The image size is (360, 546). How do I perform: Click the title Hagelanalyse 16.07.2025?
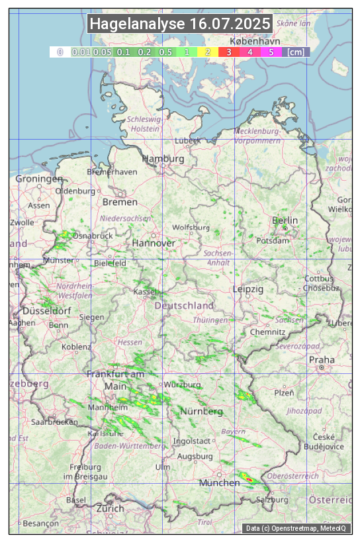point(180,24)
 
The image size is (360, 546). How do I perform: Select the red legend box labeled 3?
point(228,52)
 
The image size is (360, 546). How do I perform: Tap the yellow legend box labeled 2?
point(208,52)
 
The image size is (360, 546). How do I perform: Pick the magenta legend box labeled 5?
point(271,52)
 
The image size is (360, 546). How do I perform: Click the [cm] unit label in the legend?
point(296,52)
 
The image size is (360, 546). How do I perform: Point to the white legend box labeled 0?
point(60,52)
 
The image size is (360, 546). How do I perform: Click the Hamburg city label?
point(163,159)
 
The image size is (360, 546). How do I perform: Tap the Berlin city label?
point(285,220)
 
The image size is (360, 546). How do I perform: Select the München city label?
point(220,483)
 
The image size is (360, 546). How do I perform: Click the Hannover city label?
point(154,243)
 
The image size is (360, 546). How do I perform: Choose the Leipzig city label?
point(248,289)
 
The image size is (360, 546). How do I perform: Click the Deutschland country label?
point(184,306)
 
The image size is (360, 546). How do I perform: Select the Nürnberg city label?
point(202,412)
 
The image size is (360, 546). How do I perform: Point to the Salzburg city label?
point(273,500)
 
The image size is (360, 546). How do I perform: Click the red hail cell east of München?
point(247,477)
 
